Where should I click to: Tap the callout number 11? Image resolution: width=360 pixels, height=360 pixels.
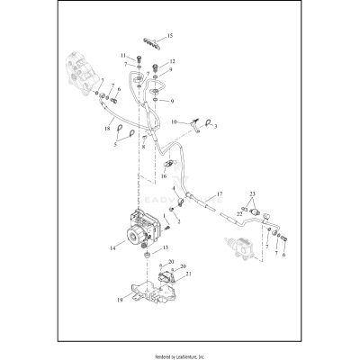pos(123,56)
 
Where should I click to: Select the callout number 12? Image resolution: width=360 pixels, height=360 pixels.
pos(171,61)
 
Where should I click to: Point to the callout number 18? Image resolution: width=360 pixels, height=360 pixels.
pos(107,129)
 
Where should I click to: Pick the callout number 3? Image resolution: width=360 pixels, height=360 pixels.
pos(215,127)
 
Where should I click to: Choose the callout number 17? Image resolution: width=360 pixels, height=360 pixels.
pos(218,194)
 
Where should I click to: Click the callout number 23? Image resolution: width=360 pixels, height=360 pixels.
pos(253,195)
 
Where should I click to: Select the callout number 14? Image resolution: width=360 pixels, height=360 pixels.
pos(112,245)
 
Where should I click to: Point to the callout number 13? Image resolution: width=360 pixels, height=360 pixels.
pos(165,247)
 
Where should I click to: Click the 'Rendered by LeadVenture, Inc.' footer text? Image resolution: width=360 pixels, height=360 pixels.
pos(180,352)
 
